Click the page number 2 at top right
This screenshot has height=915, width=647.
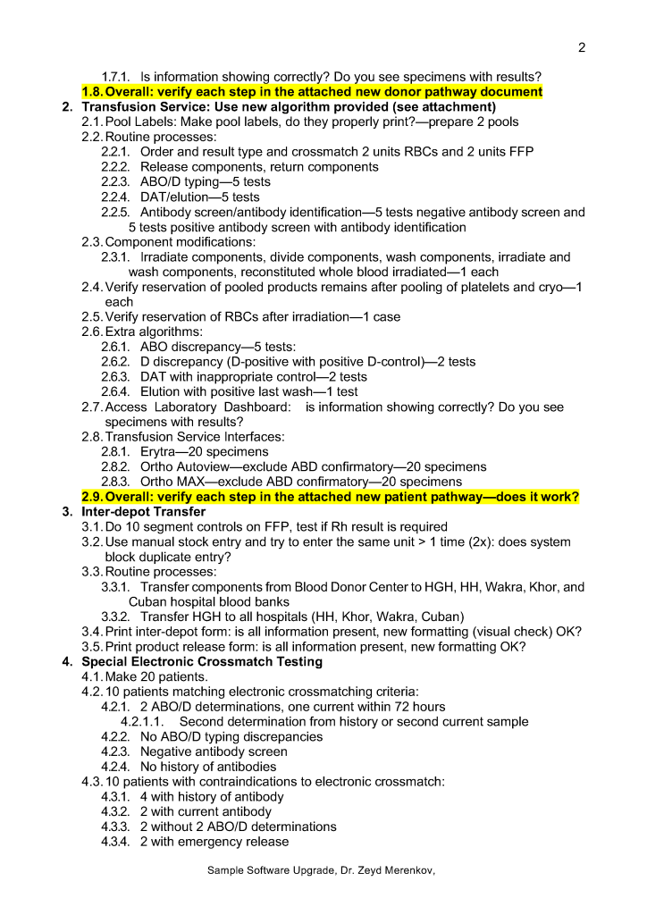pos(582,47)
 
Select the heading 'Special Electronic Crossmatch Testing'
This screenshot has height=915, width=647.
pos(202,662)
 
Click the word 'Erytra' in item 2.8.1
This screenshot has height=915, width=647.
pos(159,452)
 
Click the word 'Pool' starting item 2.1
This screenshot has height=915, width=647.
pos(120,122)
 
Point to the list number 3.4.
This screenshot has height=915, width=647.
pos(91,632)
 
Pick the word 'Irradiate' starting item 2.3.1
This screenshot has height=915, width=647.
pos(169,256)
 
